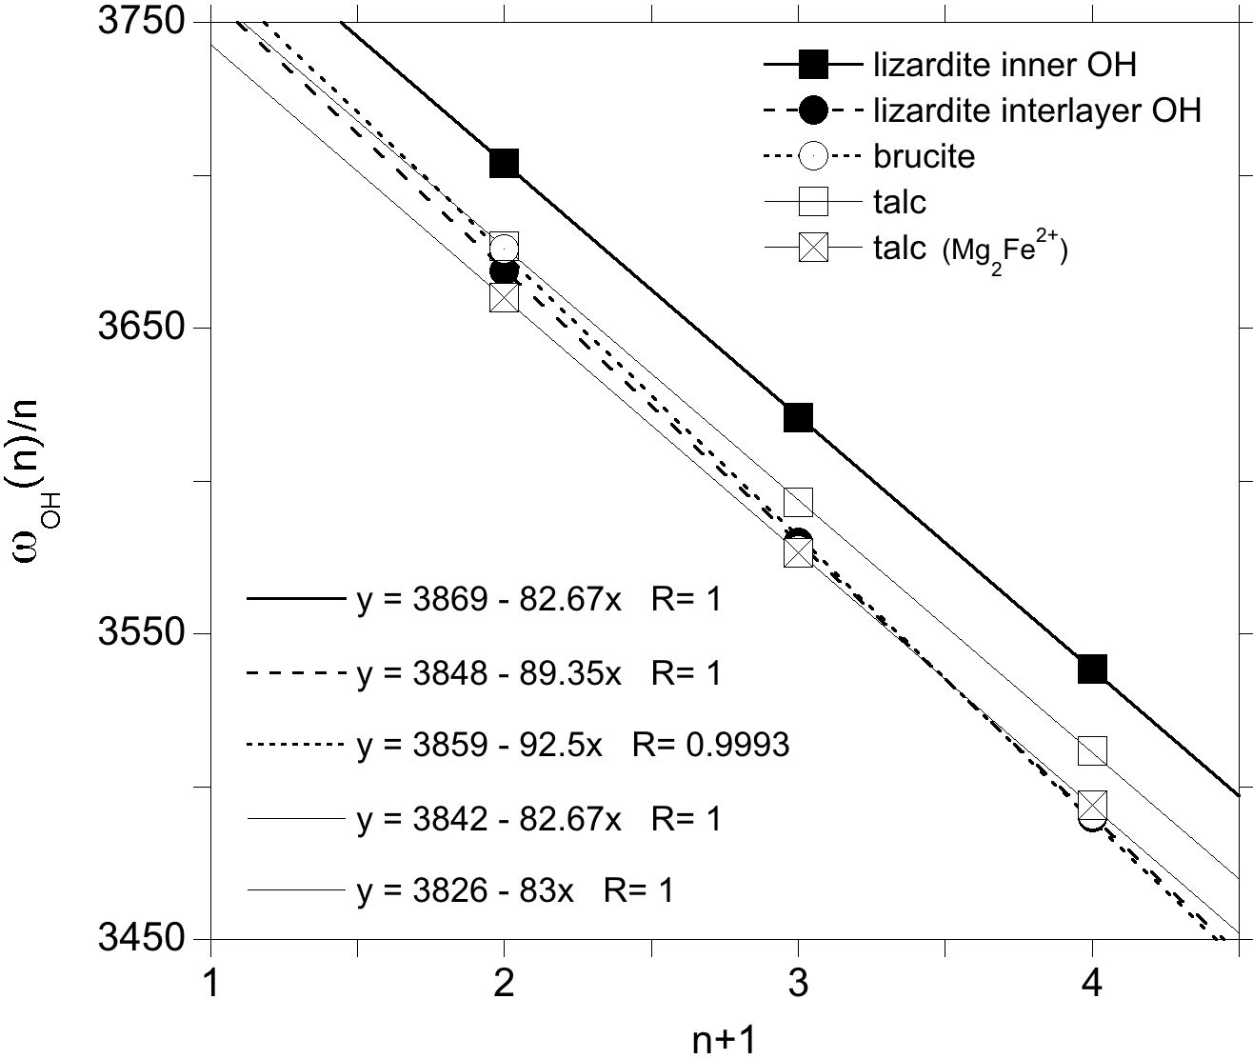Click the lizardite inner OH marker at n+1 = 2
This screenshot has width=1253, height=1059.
504,163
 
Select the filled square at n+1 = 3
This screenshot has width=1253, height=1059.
798,417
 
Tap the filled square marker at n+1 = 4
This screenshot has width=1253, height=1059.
1092,669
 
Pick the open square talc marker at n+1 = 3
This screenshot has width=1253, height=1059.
798,502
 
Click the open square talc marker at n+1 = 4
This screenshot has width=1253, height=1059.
1092,750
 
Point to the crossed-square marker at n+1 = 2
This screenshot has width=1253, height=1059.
504,297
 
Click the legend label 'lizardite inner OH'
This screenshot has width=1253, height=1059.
1004,65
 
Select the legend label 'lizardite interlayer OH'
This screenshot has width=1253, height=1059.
1037,110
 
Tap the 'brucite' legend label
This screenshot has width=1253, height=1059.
924,156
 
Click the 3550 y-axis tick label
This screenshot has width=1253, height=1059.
141,633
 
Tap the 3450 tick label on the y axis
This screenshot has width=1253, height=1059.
141,939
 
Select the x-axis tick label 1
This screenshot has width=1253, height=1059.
209,983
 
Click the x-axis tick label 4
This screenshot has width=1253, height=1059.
1092,983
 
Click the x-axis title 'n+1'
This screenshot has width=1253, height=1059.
724,1040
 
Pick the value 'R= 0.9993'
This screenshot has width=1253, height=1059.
710,745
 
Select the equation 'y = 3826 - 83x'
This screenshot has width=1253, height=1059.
466,891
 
